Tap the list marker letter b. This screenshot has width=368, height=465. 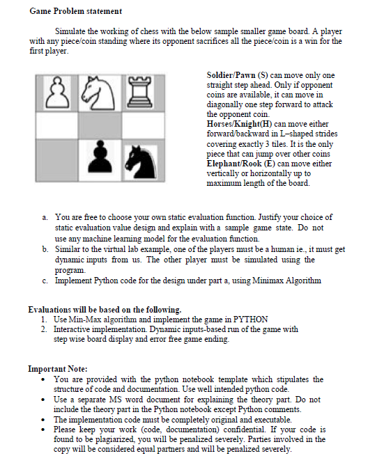click(x=45, y=249)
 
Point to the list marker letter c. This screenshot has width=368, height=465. click(x=45, y=280)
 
